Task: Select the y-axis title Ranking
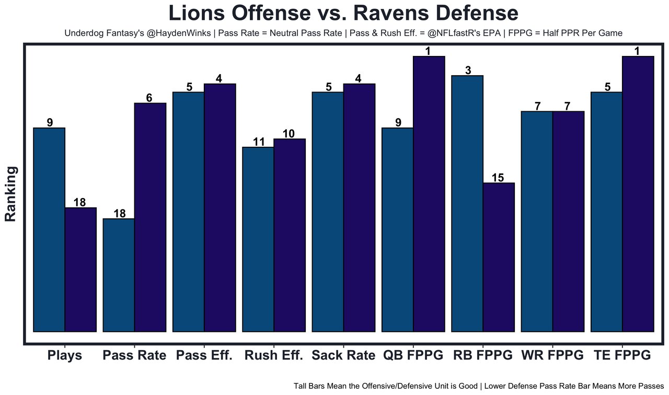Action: (x=11, y=194)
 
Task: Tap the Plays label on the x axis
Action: (x=64, y=356)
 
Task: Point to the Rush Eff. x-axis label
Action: (x=273, y=356)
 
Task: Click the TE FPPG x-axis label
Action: (x=622, y=356)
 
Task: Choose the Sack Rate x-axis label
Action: (x=343, y=356)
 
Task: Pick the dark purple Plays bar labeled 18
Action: (x=80, y=270)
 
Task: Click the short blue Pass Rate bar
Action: (x=119, y=275)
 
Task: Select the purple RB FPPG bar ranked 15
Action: (x=499, y=257)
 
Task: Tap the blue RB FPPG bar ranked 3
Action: (x=467, y=204)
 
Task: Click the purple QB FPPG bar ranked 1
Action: (x=429, y=194)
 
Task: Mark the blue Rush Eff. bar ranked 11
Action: (x=258, y=239)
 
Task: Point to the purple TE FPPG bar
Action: (x=638, y=194)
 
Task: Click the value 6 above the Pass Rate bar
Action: (x=150, y=97)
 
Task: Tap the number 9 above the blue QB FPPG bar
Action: (x=398, y=123)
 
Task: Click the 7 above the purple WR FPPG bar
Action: (x=569, y=106)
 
